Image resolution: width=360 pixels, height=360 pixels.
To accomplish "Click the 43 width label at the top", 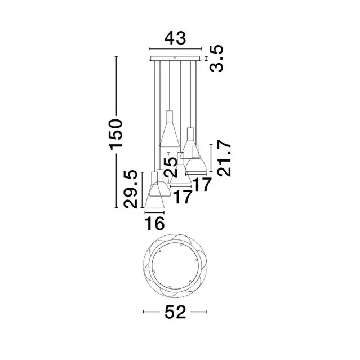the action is [175, 38].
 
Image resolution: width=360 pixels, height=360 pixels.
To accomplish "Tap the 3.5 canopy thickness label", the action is [216, 59].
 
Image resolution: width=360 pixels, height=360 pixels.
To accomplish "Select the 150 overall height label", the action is [116, 134].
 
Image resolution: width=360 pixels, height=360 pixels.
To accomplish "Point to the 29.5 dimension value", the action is [130, 189].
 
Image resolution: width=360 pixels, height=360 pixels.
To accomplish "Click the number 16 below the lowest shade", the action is [154, 223].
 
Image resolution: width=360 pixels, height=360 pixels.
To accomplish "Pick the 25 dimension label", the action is [171, 166].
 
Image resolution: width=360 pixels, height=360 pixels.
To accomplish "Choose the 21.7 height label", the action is [224, 159].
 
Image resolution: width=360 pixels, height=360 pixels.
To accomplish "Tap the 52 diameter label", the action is [175, 312].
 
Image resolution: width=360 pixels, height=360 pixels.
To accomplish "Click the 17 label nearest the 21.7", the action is [201, 184].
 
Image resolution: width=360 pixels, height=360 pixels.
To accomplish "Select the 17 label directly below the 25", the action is [183, 197].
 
